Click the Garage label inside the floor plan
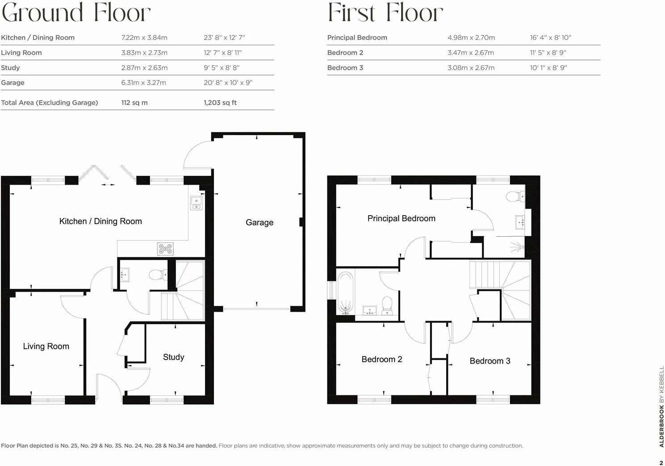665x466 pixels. click(x=259, y=222)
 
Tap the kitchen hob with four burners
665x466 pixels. click(x=165, y=249)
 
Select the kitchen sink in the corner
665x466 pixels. click(x=196, y=203)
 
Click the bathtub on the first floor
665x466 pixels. click(x=345, y=292)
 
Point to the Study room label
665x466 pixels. click(x=173, y=357)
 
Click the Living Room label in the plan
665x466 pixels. click(x=46, y=346)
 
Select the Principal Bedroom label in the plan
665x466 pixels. click(x=401, y=218)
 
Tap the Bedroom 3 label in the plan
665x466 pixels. click(x=489, y=361)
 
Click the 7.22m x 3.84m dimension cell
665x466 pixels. click(x=144, y=38)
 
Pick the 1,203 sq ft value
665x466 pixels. click(x=220, y=102)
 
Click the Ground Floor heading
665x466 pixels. click(x=76, y=13)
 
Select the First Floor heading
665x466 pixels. click(x=385, y=13)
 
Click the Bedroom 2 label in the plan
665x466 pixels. click(x=381, y=359)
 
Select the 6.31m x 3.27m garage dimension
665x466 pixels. click(x=143, y=83)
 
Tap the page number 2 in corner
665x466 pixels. click(x=661, y=463)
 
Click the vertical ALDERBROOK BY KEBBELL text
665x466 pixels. click(x=661, y=407)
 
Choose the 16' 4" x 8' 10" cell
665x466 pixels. click(x=550, y=38)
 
